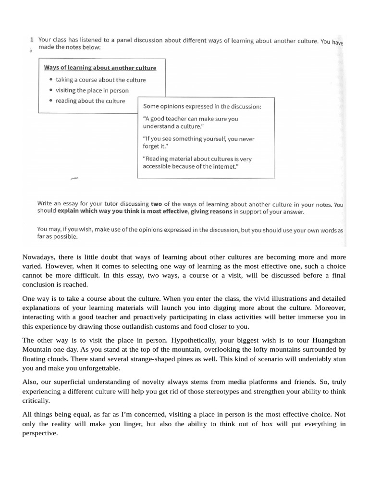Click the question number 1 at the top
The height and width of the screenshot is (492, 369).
click(x=31, y=41)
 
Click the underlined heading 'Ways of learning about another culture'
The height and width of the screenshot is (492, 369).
click(x=100, y=68)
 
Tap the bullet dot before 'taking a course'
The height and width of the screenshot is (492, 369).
click(x=51, y=80)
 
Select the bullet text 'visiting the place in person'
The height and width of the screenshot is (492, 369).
click(x=92, y=90)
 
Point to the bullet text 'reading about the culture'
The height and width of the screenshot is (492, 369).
click(x=90, y=101)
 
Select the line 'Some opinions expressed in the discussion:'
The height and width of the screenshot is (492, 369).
click(x=202, y=107)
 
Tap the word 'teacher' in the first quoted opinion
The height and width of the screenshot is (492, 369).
click(x=177, y=119)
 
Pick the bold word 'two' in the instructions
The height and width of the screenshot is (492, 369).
click(x=157, y=204)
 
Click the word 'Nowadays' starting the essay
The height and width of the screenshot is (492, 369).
click(x=38, y=257)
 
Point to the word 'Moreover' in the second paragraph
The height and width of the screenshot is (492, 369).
click(x=330, y=307)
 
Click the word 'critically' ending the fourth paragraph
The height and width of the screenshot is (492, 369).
click(x=36, y=400)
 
